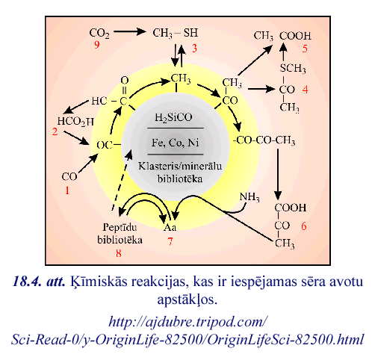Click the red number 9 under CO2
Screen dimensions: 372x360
97,45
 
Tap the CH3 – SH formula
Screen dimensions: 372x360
176,33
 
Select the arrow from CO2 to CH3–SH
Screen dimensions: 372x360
130,31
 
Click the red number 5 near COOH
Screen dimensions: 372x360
305,49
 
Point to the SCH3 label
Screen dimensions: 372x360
293,68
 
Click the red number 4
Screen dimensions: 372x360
306,90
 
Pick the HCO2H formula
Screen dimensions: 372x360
75,122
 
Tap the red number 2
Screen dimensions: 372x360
55,131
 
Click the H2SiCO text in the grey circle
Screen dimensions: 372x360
173,117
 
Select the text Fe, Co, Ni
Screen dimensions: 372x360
176,143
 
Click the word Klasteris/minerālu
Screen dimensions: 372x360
180,166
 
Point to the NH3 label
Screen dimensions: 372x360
249,197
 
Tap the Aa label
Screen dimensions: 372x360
170,227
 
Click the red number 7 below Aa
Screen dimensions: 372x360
170,241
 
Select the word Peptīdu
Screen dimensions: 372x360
120,227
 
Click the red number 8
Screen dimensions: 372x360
119,253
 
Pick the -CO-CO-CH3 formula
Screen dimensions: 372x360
264,140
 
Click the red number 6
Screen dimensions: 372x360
304,226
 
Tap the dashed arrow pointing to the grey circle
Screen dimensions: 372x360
122,179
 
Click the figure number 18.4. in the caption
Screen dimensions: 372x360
27,282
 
